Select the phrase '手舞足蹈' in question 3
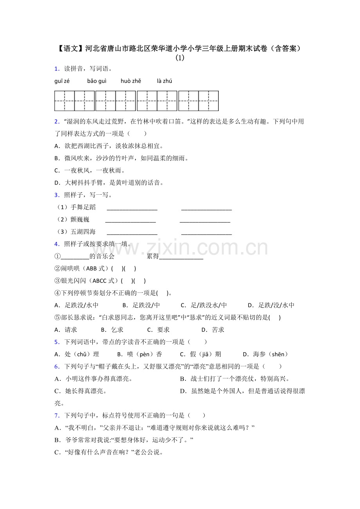83,207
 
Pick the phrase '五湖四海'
83,232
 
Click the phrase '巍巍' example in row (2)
80,219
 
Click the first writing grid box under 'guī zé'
65,101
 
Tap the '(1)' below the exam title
180,58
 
